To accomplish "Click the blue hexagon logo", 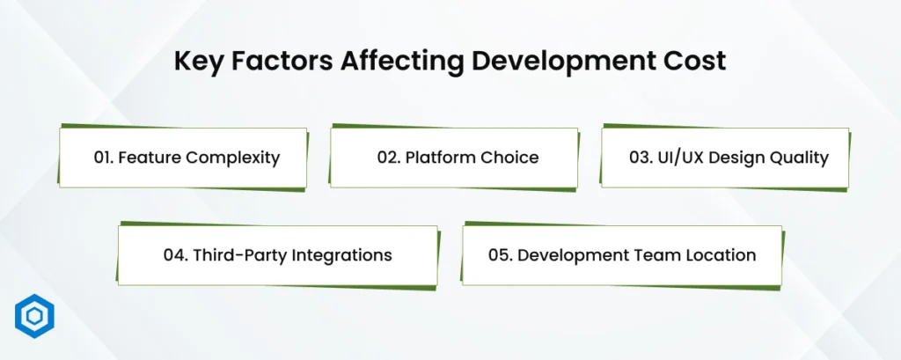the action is (34, 316).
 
